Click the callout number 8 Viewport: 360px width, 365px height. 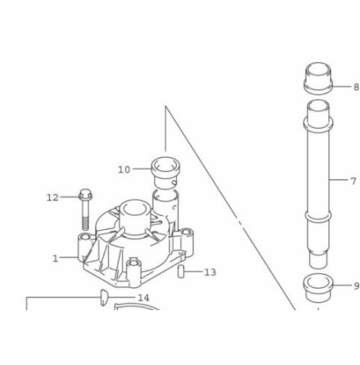click(x=356, y=87)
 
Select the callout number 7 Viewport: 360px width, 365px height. click(x=353, y=181)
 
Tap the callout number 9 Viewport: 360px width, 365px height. click(x=357, y=286)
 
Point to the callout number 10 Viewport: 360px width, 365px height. click(x=124, y=169)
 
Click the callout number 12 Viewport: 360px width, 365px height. click(x=52, y=197)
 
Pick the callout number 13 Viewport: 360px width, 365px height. click(x=210, y=273)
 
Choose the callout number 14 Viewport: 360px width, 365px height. click(x=143, y=298)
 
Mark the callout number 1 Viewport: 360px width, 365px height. click(x=56, y=259)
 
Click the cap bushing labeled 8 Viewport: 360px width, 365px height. click(x=318, y=79)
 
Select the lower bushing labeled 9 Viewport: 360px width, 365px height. click(x=318, y=289)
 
